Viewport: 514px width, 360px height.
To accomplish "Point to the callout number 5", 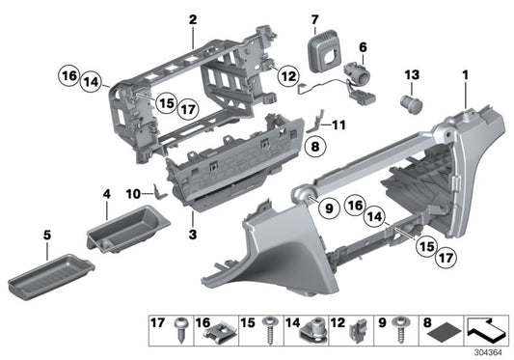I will [x=19, y=233].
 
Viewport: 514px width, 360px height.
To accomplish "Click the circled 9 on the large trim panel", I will [x=326, y=207].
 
